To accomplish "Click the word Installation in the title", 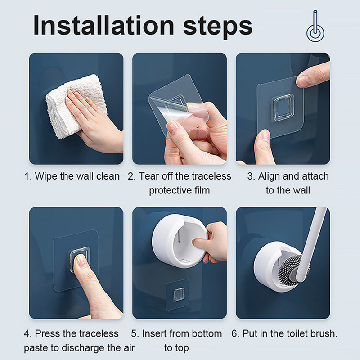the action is click(104, 25).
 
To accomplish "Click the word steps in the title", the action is click(218, 27).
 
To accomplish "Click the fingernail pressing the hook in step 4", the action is click(81, 261).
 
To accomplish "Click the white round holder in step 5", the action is click(179, 241).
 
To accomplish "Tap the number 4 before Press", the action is click(27, 333).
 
